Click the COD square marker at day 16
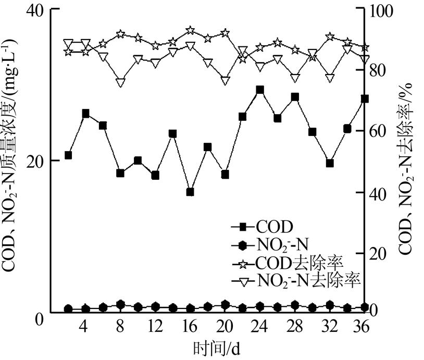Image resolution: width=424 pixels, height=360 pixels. (190, 192)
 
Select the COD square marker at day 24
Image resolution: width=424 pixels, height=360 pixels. (260, 90)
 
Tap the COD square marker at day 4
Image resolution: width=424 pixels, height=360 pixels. (86, 114)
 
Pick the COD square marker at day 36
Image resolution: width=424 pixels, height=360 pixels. (365, 98)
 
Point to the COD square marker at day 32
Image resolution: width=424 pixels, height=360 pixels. (330, 163)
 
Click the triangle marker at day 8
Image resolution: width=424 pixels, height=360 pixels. (120, 82)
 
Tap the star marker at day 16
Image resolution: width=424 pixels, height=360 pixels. (190, 30)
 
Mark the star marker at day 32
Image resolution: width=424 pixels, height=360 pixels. (330, 36)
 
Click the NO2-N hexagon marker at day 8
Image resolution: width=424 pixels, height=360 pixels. (120, 305)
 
